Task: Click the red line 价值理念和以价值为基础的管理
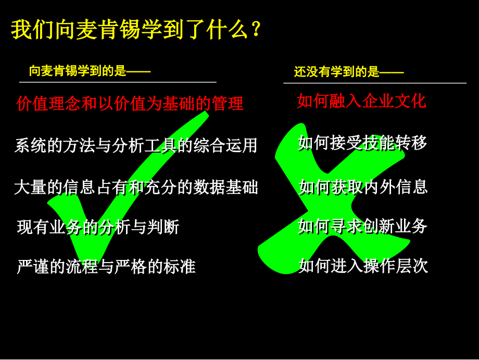tap(130, 103)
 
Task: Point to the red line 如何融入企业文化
tap(361, 101)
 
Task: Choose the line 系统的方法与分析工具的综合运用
tap(136, 145)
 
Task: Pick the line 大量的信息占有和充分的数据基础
tap(136, 187)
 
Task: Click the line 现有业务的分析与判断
tap(98, 227)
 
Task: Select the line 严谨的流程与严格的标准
tap(106, 266)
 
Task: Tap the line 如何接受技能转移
tap(362, 142)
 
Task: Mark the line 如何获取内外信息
tap(363, 186)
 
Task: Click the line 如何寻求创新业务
tap(362, 226)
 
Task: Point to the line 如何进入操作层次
tap(363, 265)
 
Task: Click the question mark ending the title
tap(255, 30)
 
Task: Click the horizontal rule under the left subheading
tap(118, 82)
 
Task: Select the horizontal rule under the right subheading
tap(375, 83)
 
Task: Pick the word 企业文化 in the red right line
tap(394, 101)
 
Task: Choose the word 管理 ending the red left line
tap(228, 103)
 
